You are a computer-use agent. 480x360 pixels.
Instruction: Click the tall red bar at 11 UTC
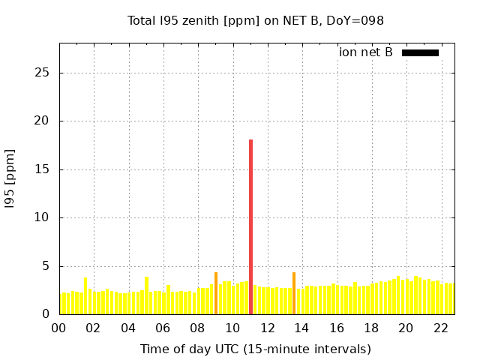click(250, 225)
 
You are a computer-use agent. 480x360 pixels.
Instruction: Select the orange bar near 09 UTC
click(216, 293)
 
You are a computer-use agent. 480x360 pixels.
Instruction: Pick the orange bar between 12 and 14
click(294, 293)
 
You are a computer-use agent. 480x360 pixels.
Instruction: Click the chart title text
click(255, 20)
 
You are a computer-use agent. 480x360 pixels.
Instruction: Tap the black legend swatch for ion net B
click(420, 52)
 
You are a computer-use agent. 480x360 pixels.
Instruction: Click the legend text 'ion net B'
click(365, 52)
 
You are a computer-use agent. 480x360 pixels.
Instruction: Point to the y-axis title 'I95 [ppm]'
click(10, 178)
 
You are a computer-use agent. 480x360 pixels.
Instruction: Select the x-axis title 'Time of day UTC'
click(255, 349)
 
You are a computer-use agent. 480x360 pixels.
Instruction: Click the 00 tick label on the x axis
click(59, 328)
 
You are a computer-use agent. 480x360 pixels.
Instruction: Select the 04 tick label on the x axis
click(129, 328)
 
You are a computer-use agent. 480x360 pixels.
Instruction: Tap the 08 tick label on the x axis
click(198, 328)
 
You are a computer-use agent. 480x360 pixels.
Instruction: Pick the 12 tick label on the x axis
click(268, 328)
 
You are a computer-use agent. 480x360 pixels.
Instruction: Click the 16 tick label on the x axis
click(337, 328)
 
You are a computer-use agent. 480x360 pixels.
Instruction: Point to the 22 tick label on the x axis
click(441, 328)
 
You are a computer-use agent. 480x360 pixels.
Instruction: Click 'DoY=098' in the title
click(355, 20)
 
